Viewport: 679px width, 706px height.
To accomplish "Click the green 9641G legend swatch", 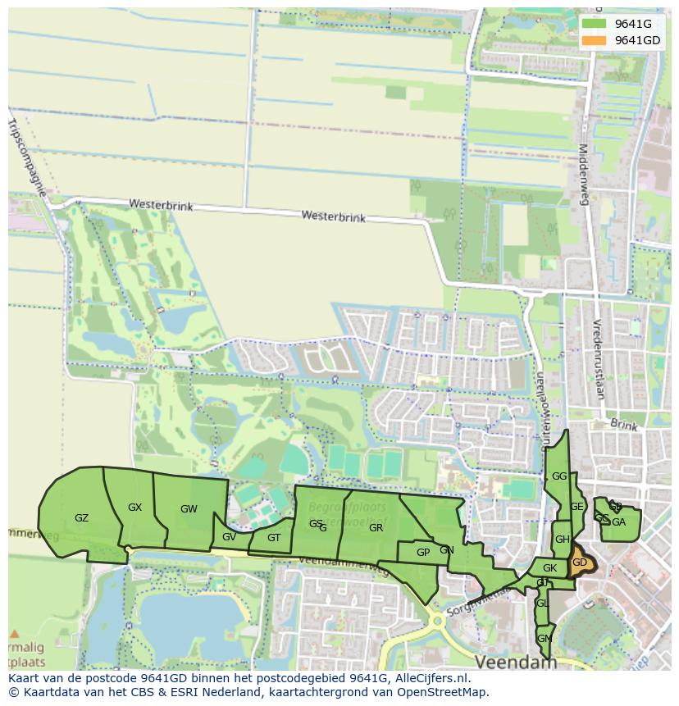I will (595, 25).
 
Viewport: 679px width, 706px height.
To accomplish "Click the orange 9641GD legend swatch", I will (595, 40).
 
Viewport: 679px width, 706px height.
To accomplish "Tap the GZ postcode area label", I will (82, 518).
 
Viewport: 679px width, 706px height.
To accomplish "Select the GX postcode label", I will (135, 508).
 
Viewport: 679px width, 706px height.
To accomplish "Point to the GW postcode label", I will (189, 509).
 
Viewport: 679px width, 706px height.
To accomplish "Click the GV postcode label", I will (229, 537).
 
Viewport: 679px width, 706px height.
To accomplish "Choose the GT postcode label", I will (274, 538).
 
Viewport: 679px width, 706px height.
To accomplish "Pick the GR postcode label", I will (376, 528).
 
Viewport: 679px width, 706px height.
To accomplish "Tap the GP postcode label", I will (423, 553).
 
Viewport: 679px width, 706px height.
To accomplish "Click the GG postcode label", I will (559, 476).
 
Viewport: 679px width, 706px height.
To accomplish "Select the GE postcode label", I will (577, 507).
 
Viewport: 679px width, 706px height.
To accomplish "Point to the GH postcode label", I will (562, 540).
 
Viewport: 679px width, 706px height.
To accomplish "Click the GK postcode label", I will (549, 568).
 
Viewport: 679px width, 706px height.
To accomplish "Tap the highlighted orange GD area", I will (580, 563).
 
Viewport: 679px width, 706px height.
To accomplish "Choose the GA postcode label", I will (619, 522).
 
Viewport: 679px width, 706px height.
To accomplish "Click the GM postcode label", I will (544, 639).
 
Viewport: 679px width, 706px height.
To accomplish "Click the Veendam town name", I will (515, 661).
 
